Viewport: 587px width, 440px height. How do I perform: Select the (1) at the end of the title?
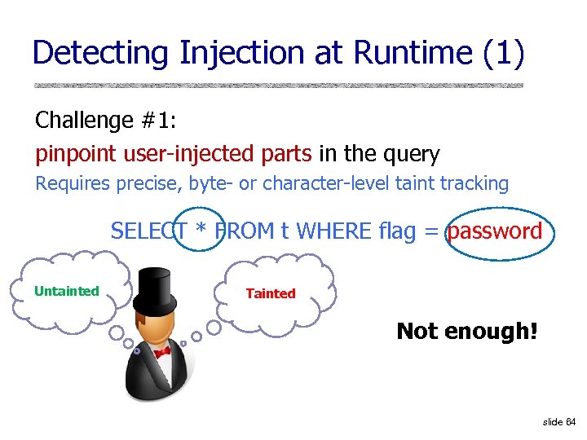click(x=503, y=54)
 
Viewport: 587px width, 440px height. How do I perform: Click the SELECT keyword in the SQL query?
click(x=150, y=231)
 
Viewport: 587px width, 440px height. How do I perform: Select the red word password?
click(x=495, y=231)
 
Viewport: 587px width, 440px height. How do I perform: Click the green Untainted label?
click(x=67, y=291)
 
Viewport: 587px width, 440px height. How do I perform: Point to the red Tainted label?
click(x=271, y=293)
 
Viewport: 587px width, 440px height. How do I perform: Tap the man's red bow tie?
click(x=162, y=352)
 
